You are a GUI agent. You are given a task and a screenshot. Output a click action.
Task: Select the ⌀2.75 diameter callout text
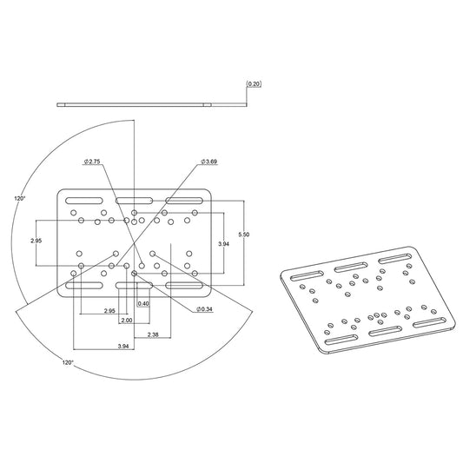94,162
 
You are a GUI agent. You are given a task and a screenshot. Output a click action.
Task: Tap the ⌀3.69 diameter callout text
208,162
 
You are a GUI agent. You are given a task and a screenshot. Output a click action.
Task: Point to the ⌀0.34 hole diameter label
205,309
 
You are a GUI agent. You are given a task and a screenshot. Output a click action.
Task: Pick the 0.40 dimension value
143,303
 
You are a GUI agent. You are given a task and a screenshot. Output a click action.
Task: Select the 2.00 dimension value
127,320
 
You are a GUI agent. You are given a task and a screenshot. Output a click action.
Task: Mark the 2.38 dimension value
153,335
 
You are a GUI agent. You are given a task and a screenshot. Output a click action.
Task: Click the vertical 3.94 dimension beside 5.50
224,244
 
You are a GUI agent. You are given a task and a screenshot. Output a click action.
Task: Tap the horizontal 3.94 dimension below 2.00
122,347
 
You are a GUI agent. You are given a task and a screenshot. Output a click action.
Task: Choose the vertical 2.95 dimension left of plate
36,240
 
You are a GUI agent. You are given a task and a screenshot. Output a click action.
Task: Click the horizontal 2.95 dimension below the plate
109,310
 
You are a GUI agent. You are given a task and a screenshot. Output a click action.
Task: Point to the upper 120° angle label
21,198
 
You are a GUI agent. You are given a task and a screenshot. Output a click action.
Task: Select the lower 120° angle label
67,361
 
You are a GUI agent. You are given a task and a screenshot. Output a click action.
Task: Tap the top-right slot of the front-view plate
184,202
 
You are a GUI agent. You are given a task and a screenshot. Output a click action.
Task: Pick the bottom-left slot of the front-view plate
85,285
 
